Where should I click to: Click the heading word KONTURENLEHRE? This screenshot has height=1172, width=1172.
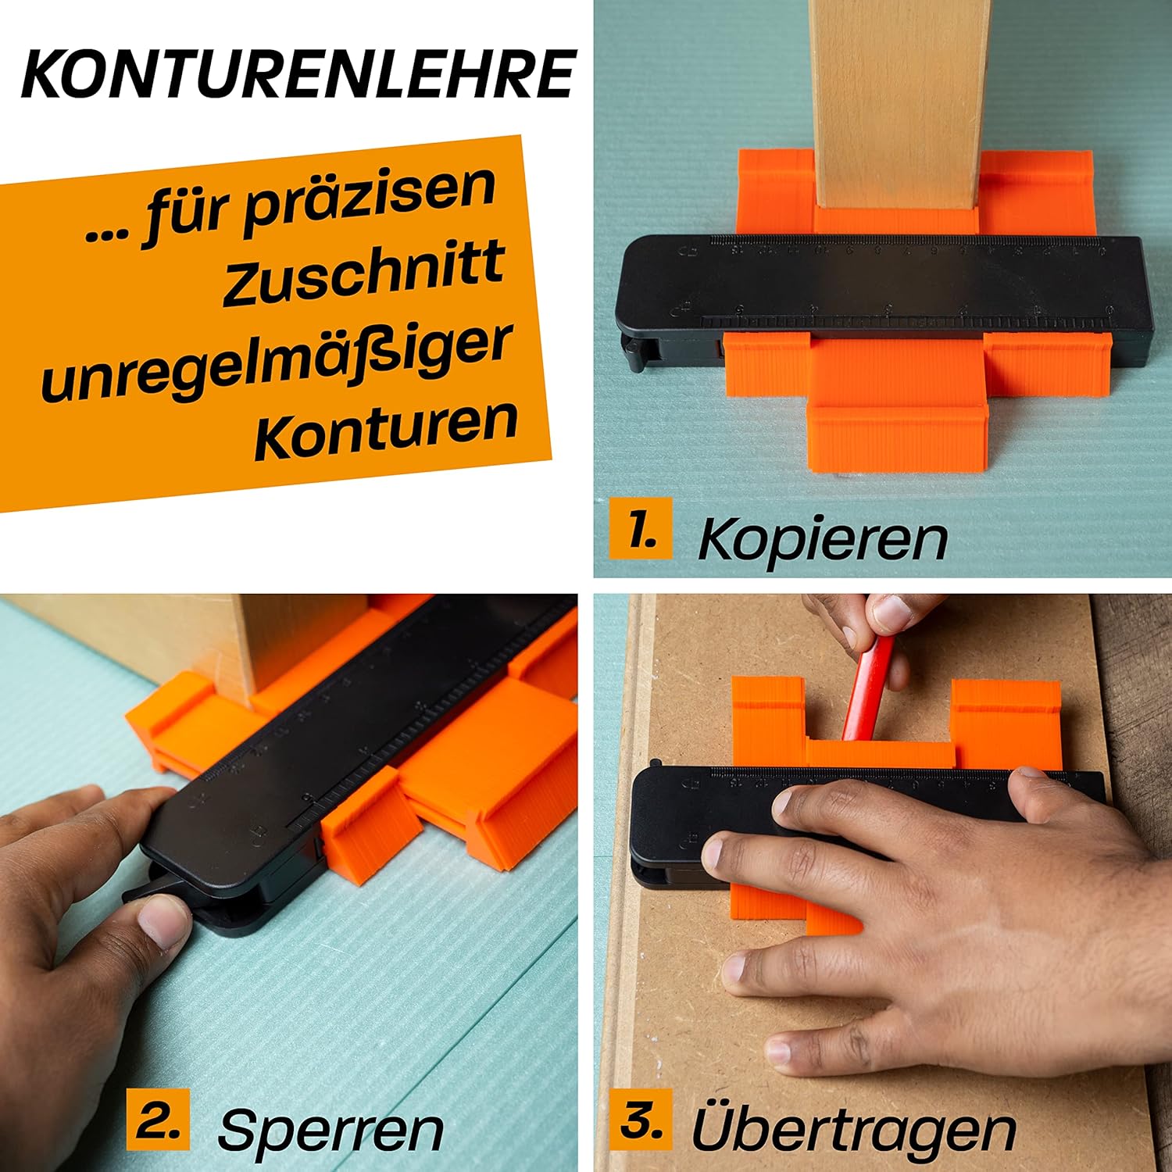[298, 73]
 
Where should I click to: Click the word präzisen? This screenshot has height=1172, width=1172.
[370, 202]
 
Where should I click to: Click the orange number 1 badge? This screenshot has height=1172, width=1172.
[640, 528]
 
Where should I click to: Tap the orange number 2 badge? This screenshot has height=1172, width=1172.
[158, 1119]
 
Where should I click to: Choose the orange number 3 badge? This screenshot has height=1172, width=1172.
[641, 1119]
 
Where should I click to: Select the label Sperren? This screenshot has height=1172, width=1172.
[331, 1130]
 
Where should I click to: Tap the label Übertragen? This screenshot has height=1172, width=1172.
[853, 1126]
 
